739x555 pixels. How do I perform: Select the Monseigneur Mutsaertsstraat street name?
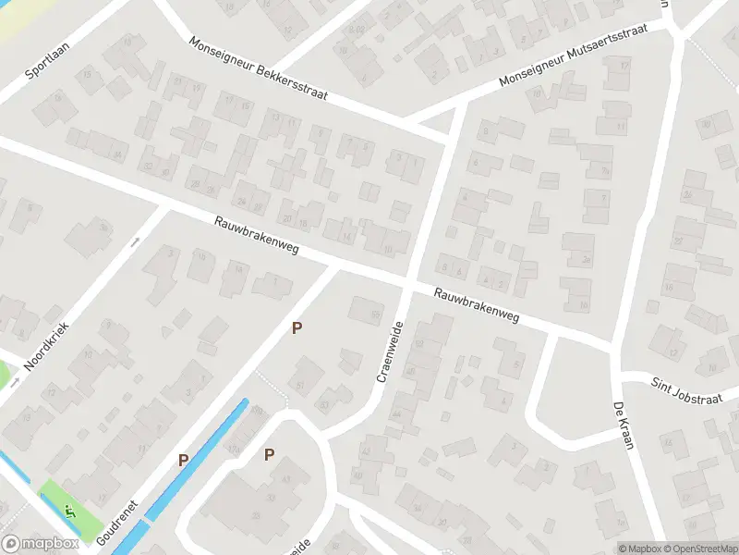click(573, 55)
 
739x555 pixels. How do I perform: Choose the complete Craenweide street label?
click(391, 351)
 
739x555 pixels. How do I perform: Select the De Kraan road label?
click(623, 425)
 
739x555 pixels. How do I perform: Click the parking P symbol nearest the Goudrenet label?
click(183, 460)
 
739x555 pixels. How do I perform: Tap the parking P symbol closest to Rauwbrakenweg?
click(297, 328)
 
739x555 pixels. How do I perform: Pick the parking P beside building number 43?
click(269, 454)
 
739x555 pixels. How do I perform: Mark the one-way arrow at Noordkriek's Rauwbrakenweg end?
click(135, 242)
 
